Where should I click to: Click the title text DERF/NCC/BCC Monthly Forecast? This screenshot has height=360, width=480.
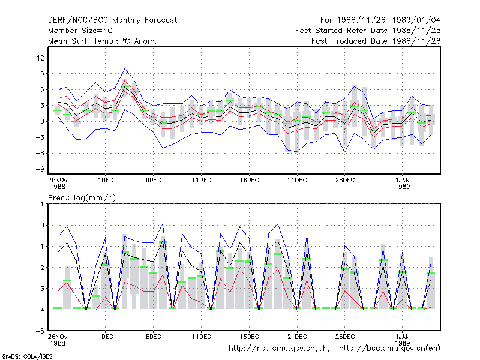pyautogui.click(x=112, y=20)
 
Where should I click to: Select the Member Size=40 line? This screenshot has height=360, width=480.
pyautogui.click(x=80, y=31)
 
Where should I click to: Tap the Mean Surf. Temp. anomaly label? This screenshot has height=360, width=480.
pyautogui.click(x=103, y=41)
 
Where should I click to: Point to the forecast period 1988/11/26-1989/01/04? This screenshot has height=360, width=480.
pyautogui.click(x=380, y=20)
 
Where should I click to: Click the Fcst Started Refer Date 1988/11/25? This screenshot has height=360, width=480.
pyautogui.click(x=368, y=31)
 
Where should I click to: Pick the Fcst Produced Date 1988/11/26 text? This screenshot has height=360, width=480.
pyautogui.click(x=376, y=41)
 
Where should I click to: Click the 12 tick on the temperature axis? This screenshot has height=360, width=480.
pyautogui.click(x=40, y=58)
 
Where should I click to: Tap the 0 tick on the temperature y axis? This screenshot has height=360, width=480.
pyautogui.click(x=42, y=122)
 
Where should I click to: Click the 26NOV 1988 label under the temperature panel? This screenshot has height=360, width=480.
pyautogui.click(x=58, y=183)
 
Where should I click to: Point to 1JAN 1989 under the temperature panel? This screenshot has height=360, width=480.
pyautogui.click(x=402, y=183)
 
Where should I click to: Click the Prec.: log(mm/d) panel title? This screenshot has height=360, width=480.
pyautogui.click(x=82, y=198)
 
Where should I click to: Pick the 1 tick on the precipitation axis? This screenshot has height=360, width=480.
pyautogui.click(x=42, y=204)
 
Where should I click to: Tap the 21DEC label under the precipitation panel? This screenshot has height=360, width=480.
pyautogui.click(x=297, y=337)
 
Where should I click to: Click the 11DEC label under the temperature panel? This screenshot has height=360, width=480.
pyautogui.click(x=202, y=180)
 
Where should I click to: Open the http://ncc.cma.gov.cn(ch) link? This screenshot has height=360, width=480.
pyautogui.click(x=279, y=349)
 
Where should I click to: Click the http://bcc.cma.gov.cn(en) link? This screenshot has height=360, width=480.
pyautogui.click(x=389, y=349)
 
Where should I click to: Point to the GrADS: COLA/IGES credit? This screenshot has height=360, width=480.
pyautogui.click(x=27, y=356)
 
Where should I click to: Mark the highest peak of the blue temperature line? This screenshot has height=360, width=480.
pyautogui.click(x=124, y=68)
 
